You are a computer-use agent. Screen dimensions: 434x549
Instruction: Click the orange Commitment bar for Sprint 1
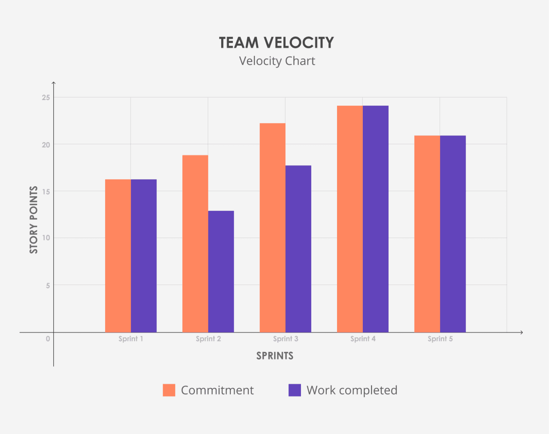click(x=118, y=256)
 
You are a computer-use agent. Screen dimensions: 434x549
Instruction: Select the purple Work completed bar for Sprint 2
click(x=221, y=271)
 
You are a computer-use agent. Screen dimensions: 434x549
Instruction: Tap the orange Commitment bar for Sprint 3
click(x=272, y=228)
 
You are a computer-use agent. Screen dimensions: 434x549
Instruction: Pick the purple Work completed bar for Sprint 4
click(x=376, y=219)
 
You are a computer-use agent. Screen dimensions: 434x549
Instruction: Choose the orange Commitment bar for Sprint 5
click(x=427, y=234)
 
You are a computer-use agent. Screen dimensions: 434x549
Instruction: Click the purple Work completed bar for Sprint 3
click(x=298, y=249)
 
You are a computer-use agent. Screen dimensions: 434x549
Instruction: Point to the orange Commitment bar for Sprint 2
click(x=195, y=243)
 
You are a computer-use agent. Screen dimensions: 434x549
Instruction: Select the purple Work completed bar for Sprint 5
click(x=453, y=234)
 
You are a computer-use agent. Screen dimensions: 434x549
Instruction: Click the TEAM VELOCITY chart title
click(x=276, y=43)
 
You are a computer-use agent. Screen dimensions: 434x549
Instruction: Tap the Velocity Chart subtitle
click(x=277, y=61)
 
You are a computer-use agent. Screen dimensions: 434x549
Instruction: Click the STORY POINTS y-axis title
click(x=34, y=220)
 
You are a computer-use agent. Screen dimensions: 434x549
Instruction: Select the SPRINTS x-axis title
click(x=274, y=356)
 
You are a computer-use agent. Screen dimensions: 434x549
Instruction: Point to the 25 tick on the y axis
click(x=46, y=98)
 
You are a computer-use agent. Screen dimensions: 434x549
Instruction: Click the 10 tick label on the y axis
click(x=46, y=238)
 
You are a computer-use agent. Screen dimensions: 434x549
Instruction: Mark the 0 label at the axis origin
click(x=48, y=339)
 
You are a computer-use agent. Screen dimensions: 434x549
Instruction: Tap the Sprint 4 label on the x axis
click(x=363, y=339)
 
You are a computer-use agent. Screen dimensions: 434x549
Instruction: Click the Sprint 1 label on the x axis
click(x=131, y=339)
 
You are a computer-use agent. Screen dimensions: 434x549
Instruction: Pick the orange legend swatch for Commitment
click(x=169, y=390)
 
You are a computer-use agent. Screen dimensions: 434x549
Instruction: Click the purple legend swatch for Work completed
click(x=295, y=390)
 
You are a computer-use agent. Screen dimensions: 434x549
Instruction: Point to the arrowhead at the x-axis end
click(x=521, y=332)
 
